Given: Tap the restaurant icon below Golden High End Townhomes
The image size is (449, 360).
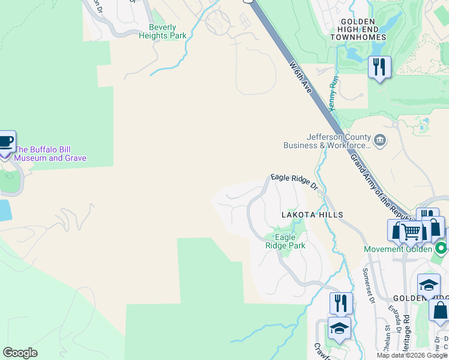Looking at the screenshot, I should coord(379,67).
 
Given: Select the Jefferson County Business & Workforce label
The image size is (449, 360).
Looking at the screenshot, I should coord(327,141).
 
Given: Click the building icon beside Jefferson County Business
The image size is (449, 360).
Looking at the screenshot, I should coord(380,140).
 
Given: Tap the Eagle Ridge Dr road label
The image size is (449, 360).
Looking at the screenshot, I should coord(294,181).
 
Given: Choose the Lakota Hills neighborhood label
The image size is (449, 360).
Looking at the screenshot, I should coord(313,215).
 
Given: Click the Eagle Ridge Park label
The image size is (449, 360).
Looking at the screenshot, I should coord(286,241).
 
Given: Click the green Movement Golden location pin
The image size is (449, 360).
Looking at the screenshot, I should coord(442,248).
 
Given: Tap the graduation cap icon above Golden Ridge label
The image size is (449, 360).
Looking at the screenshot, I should coord(429,285).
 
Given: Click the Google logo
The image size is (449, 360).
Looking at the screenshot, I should coord(20,353).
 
